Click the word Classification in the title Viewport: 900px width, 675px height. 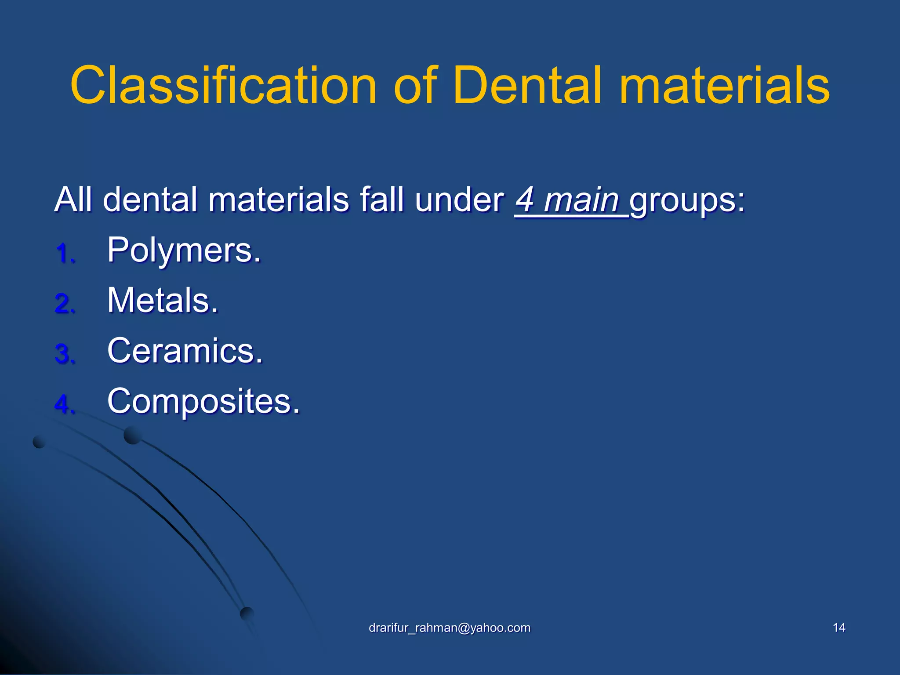223,85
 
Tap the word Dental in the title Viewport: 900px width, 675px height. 527,85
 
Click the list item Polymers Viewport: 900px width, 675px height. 184,250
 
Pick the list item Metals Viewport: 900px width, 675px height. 163,301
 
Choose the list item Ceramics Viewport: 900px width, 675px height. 185,351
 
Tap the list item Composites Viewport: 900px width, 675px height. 203,401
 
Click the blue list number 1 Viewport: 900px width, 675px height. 65,254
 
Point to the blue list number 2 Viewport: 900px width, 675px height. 65,304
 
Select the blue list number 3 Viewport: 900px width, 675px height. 65,354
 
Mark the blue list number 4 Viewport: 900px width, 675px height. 65,404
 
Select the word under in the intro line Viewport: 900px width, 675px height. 459,200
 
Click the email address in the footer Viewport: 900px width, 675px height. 449,628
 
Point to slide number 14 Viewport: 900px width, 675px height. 839,628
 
